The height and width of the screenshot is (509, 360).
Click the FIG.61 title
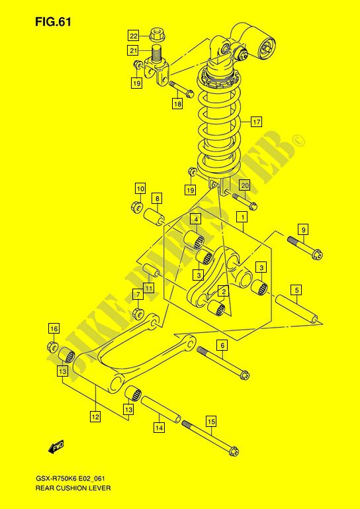click(52, 22)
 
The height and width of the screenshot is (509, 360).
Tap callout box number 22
click(133, 36)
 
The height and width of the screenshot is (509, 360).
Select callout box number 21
click(133, 51)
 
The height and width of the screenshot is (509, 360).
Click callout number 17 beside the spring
click(256, 122)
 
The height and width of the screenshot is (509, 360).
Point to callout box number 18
click(178, 104)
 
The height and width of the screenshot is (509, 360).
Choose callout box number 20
click(245, 185)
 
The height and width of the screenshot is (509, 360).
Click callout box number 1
click(242, 216)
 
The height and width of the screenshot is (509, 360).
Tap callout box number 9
click(303, 230)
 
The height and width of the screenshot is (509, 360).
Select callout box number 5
click(296, 289)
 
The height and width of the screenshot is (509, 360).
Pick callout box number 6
click(222, 346)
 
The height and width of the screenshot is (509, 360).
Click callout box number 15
click(211, 422)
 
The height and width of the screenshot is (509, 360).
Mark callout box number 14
click(159, 428)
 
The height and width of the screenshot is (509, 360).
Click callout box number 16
click(54, 329)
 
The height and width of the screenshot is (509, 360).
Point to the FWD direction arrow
click(56, 447)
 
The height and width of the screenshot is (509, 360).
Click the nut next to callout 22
click(156, 34)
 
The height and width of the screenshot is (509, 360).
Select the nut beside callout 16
click(52, 347)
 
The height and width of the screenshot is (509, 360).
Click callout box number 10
click(140, 188)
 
